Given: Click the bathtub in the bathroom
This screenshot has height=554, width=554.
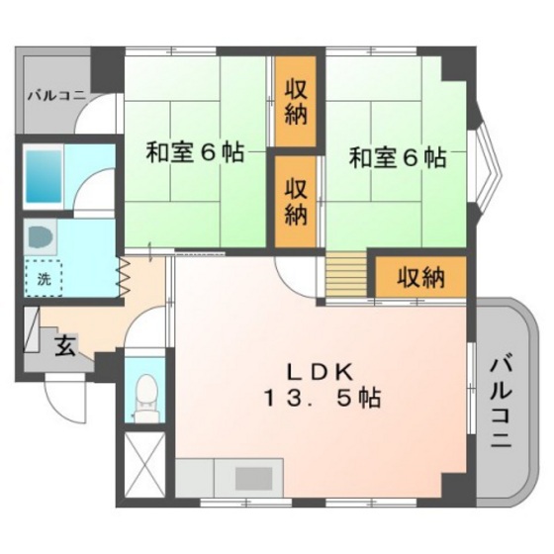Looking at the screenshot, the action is click(44, 176).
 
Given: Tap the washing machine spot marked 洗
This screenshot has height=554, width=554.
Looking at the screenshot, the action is click(44, 278).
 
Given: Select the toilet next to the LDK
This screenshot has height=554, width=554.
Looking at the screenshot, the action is click(146, 398).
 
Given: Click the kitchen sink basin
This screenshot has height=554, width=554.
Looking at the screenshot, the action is click(253, 479).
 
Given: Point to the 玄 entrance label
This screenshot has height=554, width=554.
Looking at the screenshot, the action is click(65, 345).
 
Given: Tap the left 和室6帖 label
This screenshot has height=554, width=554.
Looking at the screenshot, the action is click(195, 152).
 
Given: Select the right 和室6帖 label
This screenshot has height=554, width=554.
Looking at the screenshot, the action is click(398, 157).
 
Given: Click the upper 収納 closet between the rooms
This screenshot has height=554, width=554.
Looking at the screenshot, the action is click(296, 101).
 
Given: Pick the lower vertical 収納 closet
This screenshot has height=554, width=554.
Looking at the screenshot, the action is click(296, 202).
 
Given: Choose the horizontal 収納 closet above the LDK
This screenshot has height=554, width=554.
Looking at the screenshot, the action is click(420, 277).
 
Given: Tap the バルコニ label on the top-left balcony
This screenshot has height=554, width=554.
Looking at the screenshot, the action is click(56, 95).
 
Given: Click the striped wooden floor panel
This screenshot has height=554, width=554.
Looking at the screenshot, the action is click(346, 275).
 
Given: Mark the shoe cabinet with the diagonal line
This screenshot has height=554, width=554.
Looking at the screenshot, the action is click(31, 329).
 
